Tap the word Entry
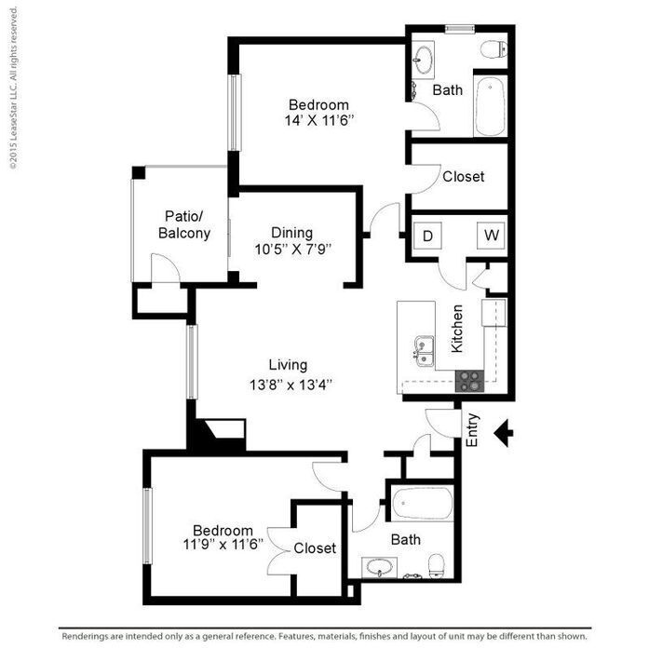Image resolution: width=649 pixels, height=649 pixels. click(x=472, y=430)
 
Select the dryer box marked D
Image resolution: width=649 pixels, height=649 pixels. click(x=428, y=236)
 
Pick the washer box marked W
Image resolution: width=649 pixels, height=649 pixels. click(x=491, y=236)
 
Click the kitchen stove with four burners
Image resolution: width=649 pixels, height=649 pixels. click(x=469, y=380)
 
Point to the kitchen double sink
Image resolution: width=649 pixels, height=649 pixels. click(x=426, y=350)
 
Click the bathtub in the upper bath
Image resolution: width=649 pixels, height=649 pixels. click(x=490, y=105)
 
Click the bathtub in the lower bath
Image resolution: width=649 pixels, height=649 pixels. click(x=422, y=505)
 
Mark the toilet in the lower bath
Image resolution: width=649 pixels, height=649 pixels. click(x=435, y=564)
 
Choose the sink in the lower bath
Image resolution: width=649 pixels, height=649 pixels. click(x=379, y=567)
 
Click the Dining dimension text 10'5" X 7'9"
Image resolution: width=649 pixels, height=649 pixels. click(x=292, y=249)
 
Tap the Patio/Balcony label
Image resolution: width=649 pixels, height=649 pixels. click(x=183, y=225)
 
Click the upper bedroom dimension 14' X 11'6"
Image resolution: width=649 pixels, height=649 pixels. click(x=318, y=120)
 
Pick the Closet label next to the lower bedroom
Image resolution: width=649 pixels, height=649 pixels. click(x=315, y=548)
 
